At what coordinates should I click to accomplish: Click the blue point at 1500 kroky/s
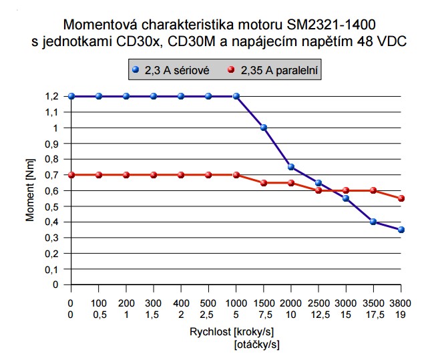[x=264, y=128]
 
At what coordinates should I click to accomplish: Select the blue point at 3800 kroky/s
[x=401, y=230]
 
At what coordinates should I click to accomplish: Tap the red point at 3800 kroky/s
[x=401, y=198]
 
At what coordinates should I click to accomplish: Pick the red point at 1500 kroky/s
[x=264, y=182]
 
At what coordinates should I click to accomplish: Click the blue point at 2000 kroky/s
[x=291, y=167]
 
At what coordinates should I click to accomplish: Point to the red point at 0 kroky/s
[x=71, y=175]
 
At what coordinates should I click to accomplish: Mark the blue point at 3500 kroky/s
[x=374, y=222]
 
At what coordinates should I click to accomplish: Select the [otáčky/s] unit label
[x=257, y=345]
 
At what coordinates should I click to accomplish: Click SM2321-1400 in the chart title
[x=330, y=25]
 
